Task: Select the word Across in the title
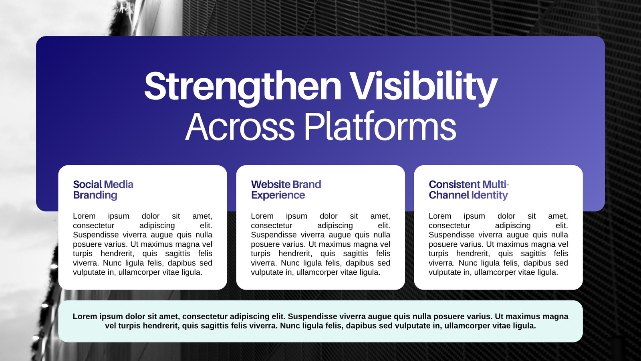coord(240,126)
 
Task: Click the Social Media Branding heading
coord(103,190)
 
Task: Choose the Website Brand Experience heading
coord(286,190)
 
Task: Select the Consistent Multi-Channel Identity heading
coord(469,190)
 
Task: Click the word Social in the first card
coord(88,184)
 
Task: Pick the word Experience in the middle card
coord(278,195)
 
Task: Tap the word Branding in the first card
coord(95,195)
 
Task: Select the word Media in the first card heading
coord(119,184)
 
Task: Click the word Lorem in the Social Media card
coord(84,216)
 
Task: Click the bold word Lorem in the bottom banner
coord(85,316)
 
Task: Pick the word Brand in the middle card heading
coord(307,184)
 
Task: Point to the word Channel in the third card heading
coord(449,195)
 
